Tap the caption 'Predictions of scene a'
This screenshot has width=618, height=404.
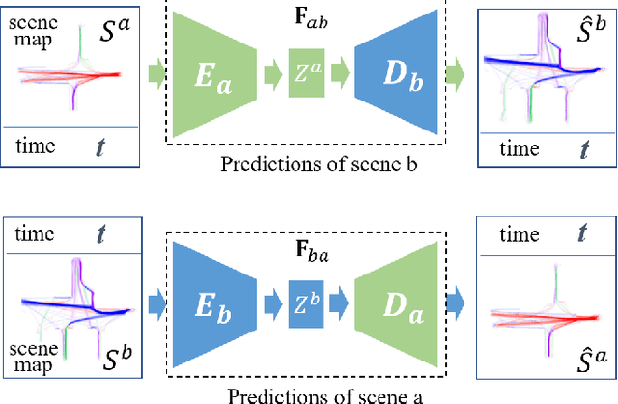click(308, 394)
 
